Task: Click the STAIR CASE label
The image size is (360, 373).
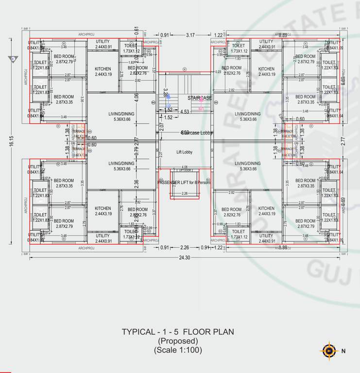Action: click(200, 98)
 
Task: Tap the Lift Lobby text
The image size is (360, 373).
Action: click(184, 152)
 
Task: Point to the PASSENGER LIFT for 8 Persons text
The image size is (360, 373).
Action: click(184, 182)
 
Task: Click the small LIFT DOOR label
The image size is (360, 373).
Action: click(184, 171)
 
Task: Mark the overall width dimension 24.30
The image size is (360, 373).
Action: click(184, 257)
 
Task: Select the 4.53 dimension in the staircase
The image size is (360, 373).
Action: click(185, 112)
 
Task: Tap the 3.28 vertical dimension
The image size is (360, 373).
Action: click(166, 93)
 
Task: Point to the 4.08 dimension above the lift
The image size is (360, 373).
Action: click(185, 167)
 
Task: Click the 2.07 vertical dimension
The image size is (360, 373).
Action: click(161, 128)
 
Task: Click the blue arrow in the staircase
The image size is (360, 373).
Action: click(169, 103)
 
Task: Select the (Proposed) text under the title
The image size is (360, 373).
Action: click(177, 341)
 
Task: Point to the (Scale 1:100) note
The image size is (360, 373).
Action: click(177, 350)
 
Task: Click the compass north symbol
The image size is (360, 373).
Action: click(329, 350)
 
